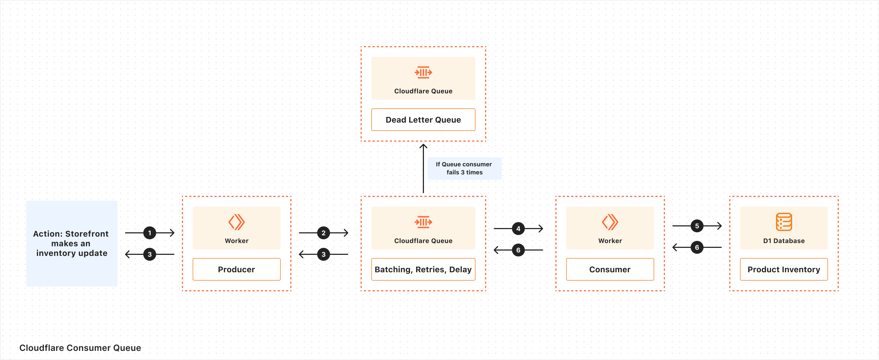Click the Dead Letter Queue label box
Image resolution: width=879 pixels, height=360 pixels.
click(x=423, y=120)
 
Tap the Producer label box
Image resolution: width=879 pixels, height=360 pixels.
click(x=236, y=269)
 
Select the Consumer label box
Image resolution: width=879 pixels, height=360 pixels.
click(x=610, y=269)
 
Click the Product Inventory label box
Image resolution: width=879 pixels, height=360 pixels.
click(x=784, y=269)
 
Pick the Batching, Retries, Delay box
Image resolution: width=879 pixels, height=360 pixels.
click(x=423, y=269)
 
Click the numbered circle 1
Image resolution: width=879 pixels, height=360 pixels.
click(x=149, y=233)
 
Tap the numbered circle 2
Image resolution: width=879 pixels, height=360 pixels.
click(x=324, y=233)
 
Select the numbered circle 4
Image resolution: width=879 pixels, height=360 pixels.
click(x=518, y=228)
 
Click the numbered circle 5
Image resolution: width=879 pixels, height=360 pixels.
click(x=697, y=226)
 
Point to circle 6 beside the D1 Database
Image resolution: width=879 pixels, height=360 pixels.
click(x=697, y=247)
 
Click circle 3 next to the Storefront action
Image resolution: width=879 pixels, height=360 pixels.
click(x=149, y=254)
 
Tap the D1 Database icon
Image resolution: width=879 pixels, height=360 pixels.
click(x=784, y=222)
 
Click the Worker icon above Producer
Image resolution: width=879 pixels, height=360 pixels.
click(x=236, y=222)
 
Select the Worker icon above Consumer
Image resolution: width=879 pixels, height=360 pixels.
click(x=610, y=222)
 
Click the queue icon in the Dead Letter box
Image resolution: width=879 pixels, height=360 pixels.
click(x=423, y=72)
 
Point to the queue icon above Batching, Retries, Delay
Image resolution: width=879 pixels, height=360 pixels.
click(x=423, y=222)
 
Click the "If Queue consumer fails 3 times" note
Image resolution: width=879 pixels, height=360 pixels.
click(x=464, y=168)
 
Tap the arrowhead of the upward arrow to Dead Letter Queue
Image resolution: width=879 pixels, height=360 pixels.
click(x=423, y=146)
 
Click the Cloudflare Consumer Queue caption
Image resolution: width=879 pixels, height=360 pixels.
click(x=80, y=348)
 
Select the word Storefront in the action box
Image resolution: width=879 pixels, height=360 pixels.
click(x=87, y=234)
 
